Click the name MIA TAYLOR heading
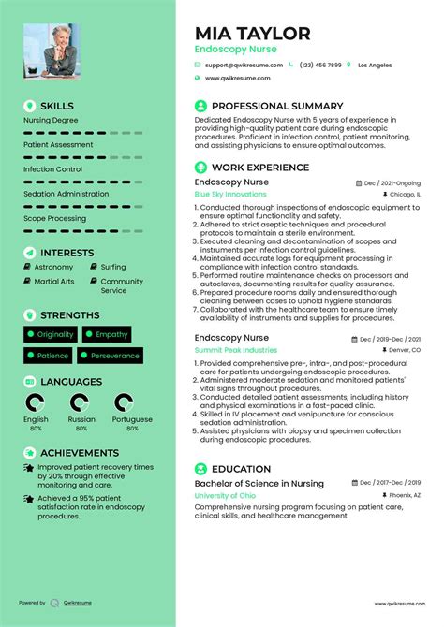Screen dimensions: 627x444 pos(252,33)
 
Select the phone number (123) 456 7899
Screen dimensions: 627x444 pos(320,66)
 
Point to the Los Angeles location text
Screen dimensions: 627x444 pos(375,66)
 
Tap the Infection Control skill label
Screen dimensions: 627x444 pos(52,169)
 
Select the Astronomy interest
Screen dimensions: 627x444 pos(52,267)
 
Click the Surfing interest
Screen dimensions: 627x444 pos(112,267)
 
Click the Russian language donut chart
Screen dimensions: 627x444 pos(81,403)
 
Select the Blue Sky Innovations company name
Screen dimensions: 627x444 pos(230,194)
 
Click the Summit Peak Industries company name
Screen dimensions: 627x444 pos(235,350)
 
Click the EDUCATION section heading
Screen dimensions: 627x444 pos(241,469)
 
